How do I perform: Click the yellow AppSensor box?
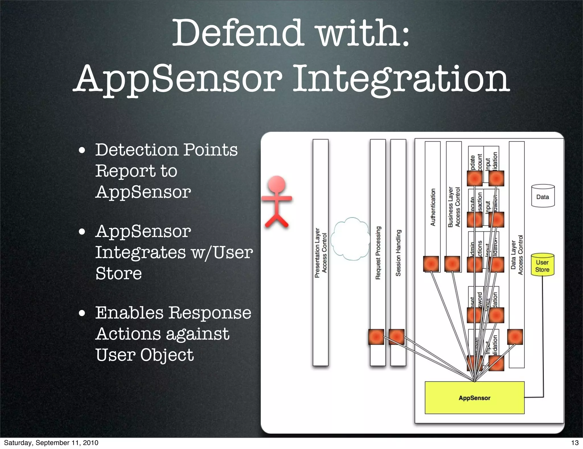(474, 398)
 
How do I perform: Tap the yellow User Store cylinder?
(542, 265)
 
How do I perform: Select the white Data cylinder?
(543, 196)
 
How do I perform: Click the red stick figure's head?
(277, 184)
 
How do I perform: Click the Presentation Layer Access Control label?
(321, 253)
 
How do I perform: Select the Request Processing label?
(378, 253)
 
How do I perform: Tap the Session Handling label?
(398, 253)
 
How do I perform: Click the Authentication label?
(433, 207)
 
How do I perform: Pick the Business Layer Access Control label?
(454, 207)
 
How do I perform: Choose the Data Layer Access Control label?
(517, 255)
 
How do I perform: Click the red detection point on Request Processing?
(376, 337)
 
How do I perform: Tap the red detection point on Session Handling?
(397, 337)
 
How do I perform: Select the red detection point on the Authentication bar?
(431, 264)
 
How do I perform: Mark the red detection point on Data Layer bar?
(515, 337)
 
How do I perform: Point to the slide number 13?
(575, 443)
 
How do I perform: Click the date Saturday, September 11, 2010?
(51, 443)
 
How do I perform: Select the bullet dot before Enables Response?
(82, 313)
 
